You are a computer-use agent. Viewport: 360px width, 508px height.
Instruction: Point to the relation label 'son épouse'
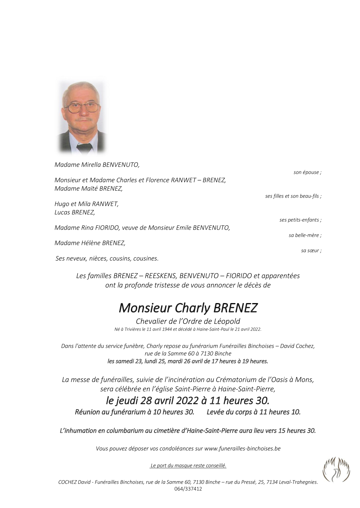point(307,172)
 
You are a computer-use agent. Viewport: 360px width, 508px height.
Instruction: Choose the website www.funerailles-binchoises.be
point(242,448)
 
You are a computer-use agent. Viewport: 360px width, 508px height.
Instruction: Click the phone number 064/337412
point(188,489)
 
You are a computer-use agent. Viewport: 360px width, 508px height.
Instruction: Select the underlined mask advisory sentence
point(188,466)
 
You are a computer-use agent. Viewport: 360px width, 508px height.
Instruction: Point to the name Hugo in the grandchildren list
point(61,204)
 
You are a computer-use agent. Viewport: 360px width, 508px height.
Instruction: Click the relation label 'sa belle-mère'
point(305,235)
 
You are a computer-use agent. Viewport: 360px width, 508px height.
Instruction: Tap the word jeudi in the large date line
point(127,400)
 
